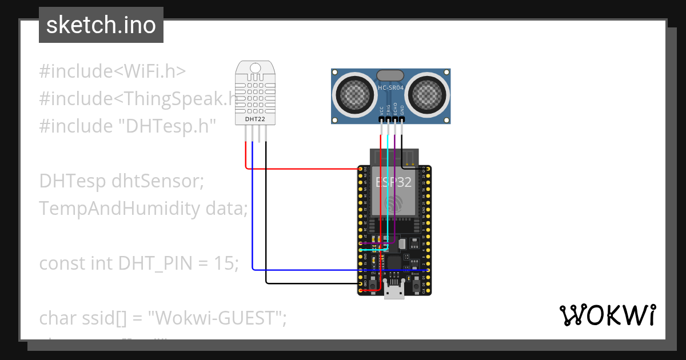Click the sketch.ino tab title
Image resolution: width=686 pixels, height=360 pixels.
tap(101, 25)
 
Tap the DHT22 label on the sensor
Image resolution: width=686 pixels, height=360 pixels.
tap(254, 119)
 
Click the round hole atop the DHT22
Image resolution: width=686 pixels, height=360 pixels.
tap(255, 69)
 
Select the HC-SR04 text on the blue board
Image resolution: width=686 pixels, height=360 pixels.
tap(391, 88)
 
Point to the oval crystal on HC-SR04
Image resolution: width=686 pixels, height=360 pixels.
tap(391, 75)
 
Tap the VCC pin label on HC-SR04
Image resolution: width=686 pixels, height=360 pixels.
tap(382, 111)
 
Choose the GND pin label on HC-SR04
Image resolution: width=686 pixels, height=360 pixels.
tap(402, 111)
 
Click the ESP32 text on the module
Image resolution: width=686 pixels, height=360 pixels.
tap(393, 182)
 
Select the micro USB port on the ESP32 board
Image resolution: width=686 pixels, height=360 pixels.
tap(394, 292)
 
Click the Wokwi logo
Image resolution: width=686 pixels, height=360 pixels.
tap(607, 315)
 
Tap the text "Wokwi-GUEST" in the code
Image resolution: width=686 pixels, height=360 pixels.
tap(217, 318)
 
